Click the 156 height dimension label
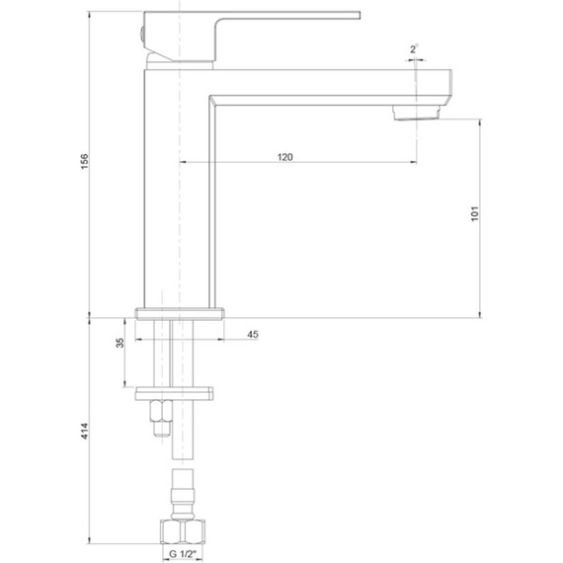(85, 160)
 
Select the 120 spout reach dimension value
(284, 156)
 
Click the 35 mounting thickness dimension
(120, 344)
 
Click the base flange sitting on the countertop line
(179, 314)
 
